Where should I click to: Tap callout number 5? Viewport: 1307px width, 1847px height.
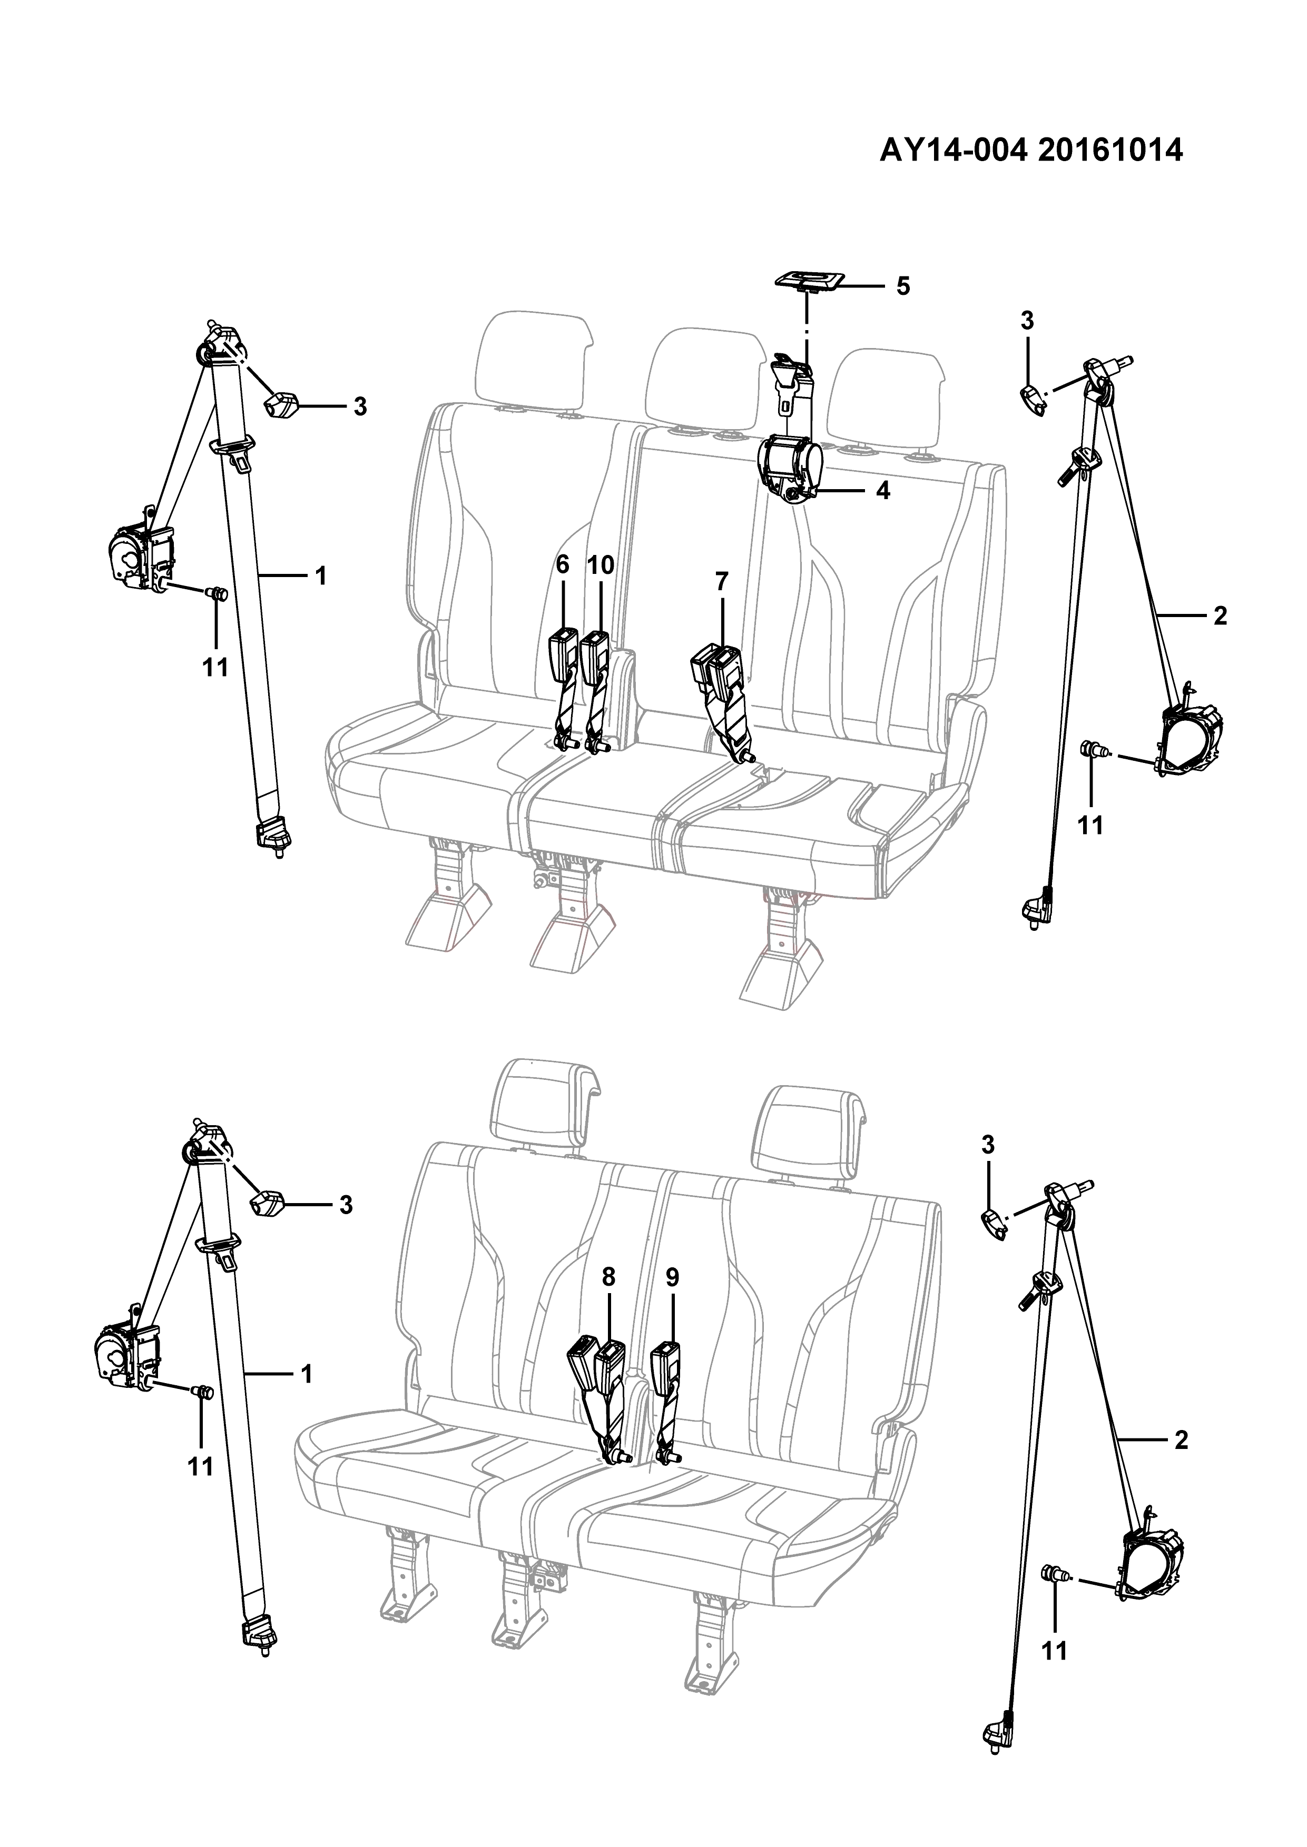[x=902, y=286]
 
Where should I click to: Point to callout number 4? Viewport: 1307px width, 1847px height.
[x=883, y=491]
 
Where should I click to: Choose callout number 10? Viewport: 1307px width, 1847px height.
[x=601, y=565]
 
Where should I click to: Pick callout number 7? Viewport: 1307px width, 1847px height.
[x=721, y=580]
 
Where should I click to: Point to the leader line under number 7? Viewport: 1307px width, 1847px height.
[x=721, y=618]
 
